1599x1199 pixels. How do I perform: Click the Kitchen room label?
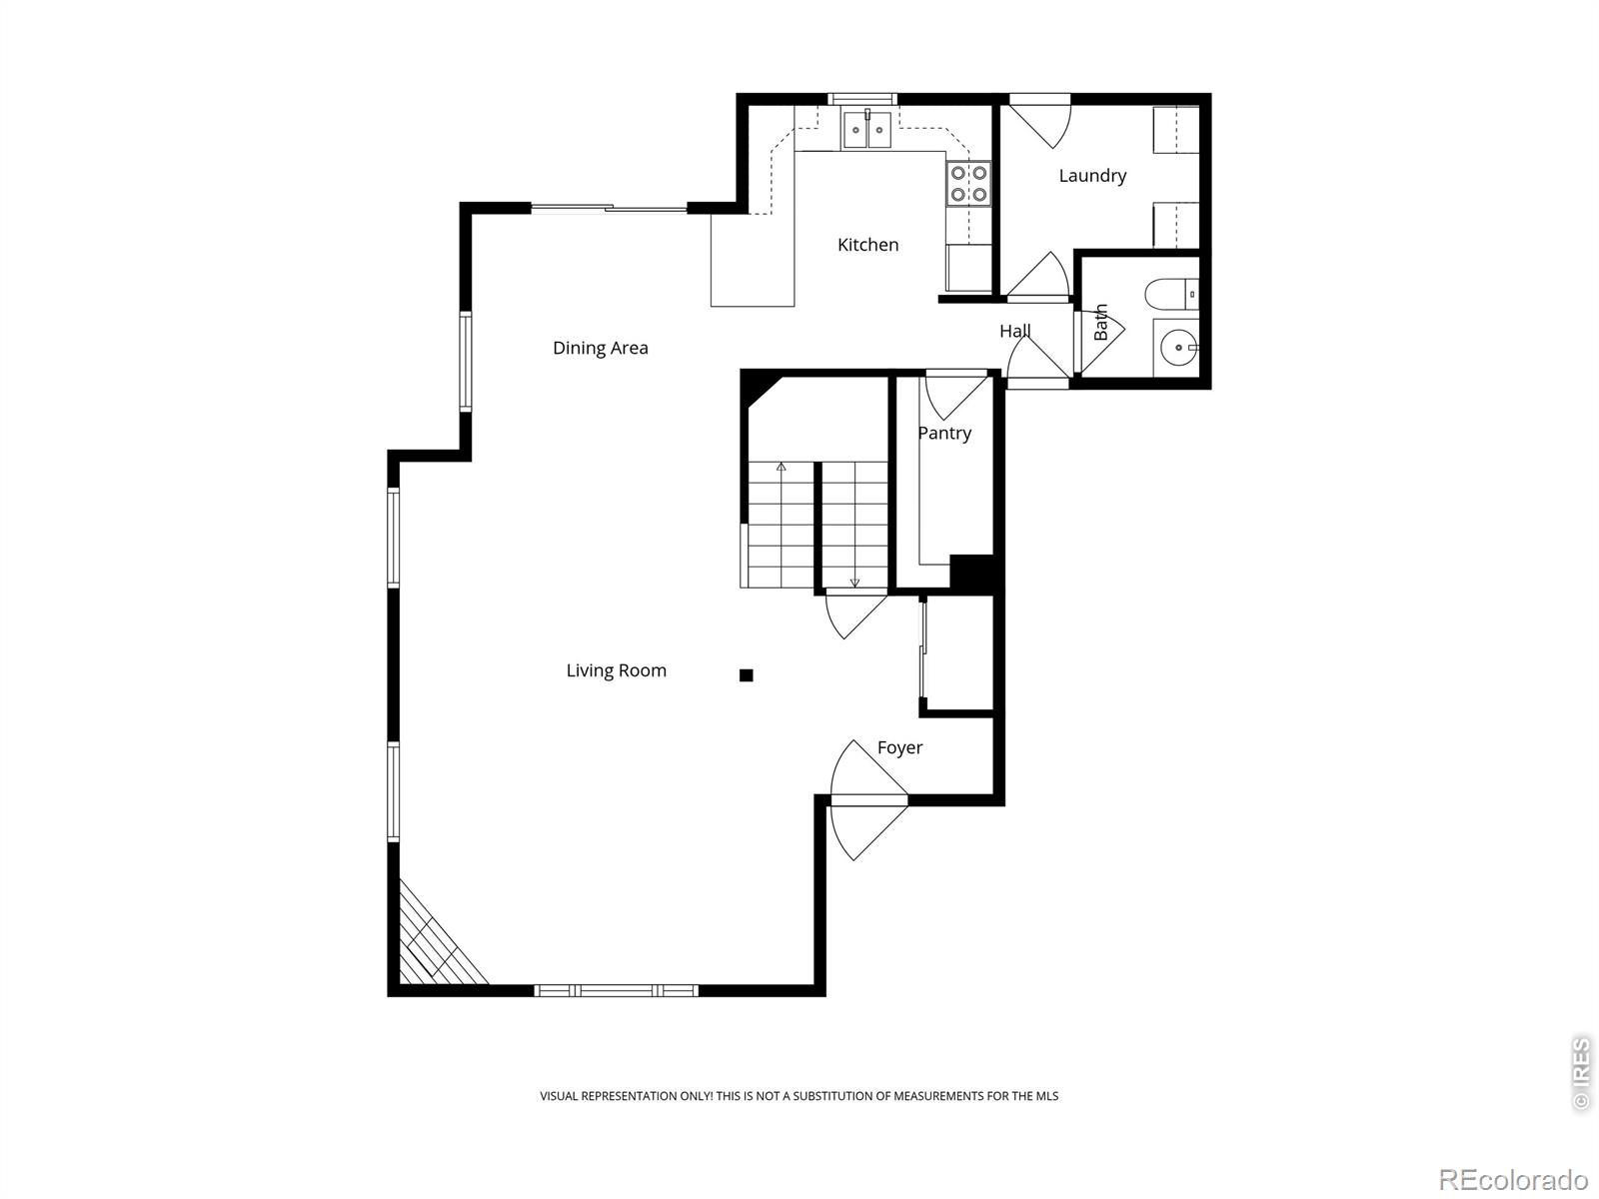pos(867,245)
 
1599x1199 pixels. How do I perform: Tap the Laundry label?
pos(1092,176)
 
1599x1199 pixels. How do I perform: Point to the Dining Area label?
pos(601,348)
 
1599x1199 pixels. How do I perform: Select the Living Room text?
pos(617,670)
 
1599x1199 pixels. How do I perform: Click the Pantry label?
pos(944,434)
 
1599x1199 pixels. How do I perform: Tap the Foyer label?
pos(899,747)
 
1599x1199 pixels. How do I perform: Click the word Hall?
pos(1014,332)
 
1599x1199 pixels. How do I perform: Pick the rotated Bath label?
pos(1100,323)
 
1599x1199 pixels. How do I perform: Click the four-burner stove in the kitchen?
pos(968,184)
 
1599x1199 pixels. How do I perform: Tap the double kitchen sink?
pos(866,130)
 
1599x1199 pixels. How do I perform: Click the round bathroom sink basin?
pos(1178,348)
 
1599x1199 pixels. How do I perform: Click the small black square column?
pos(746,675)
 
